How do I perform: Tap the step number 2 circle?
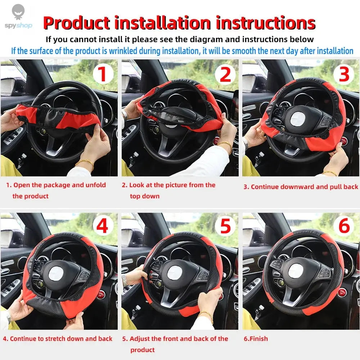pyautogui.click(x=225, y=75)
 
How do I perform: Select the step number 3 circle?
pyautogui.click(x=344, y=75)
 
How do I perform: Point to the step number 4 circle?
pyautogui.click(x=103, y=227)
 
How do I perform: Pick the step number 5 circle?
pyautogui.click(x=225, y=227)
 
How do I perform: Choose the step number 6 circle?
pyautogui.click(x=344, y=227)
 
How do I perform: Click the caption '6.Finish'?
pyautogui.click(x=256, y=339)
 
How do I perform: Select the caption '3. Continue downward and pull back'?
pyautogui.click(x=301, y=186)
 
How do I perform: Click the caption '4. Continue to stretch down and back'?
pyautogui.click(x=58, y=339)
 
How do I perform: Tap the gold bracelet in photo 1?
pyautogui.click(x=85, y=163)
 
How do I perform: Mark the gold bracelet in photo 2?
pyautogui.click(x=225, y=145)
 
